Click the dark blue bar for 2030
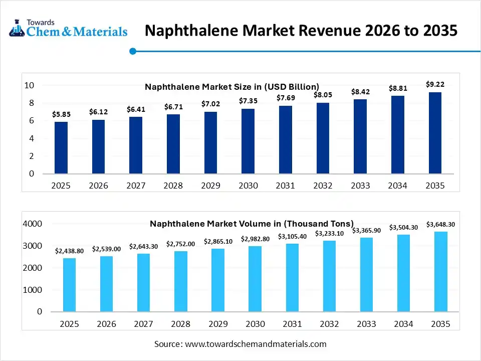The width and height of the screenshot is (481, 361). click(248, 141)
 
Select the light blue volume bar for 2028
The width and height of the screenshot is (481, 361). click(181, 281)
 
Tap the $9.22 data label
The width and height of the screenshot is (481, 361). click(435, 85)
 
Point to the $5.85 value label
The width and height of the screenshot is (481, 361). click(61, 114)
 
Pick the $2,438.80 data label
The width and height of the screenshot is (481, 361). click(70, 251)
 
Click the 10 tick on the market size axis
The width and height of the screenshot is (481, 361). click(29, 85)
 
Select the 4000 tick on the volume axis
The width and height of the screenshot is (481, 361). click(33, 224)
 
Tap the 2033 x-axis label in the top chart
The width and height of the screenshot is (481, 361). click(360, 186)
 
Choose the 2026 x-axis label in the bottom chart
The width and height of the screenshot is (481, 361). click(107, 324)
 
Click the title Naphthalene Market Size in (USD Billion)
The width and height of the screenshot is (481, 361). click(231, 87)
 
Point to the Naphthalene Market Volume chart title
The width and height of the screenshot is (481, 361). click(252, 224)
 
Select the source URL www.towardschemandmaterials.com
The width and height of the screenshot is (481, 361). click(256, 344)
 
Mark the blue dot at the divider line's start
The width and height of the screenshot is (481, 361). click(133, 51)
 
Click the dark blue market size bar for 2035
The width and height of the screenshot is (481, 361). click(435, 133)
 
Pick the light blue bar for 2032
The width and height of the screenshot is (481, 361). click(330, 276)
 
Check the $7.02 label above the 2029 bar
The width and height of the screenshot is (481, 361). click(210, 104)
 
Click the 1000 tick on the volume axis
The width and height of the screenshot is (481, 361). click(33, 290)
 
